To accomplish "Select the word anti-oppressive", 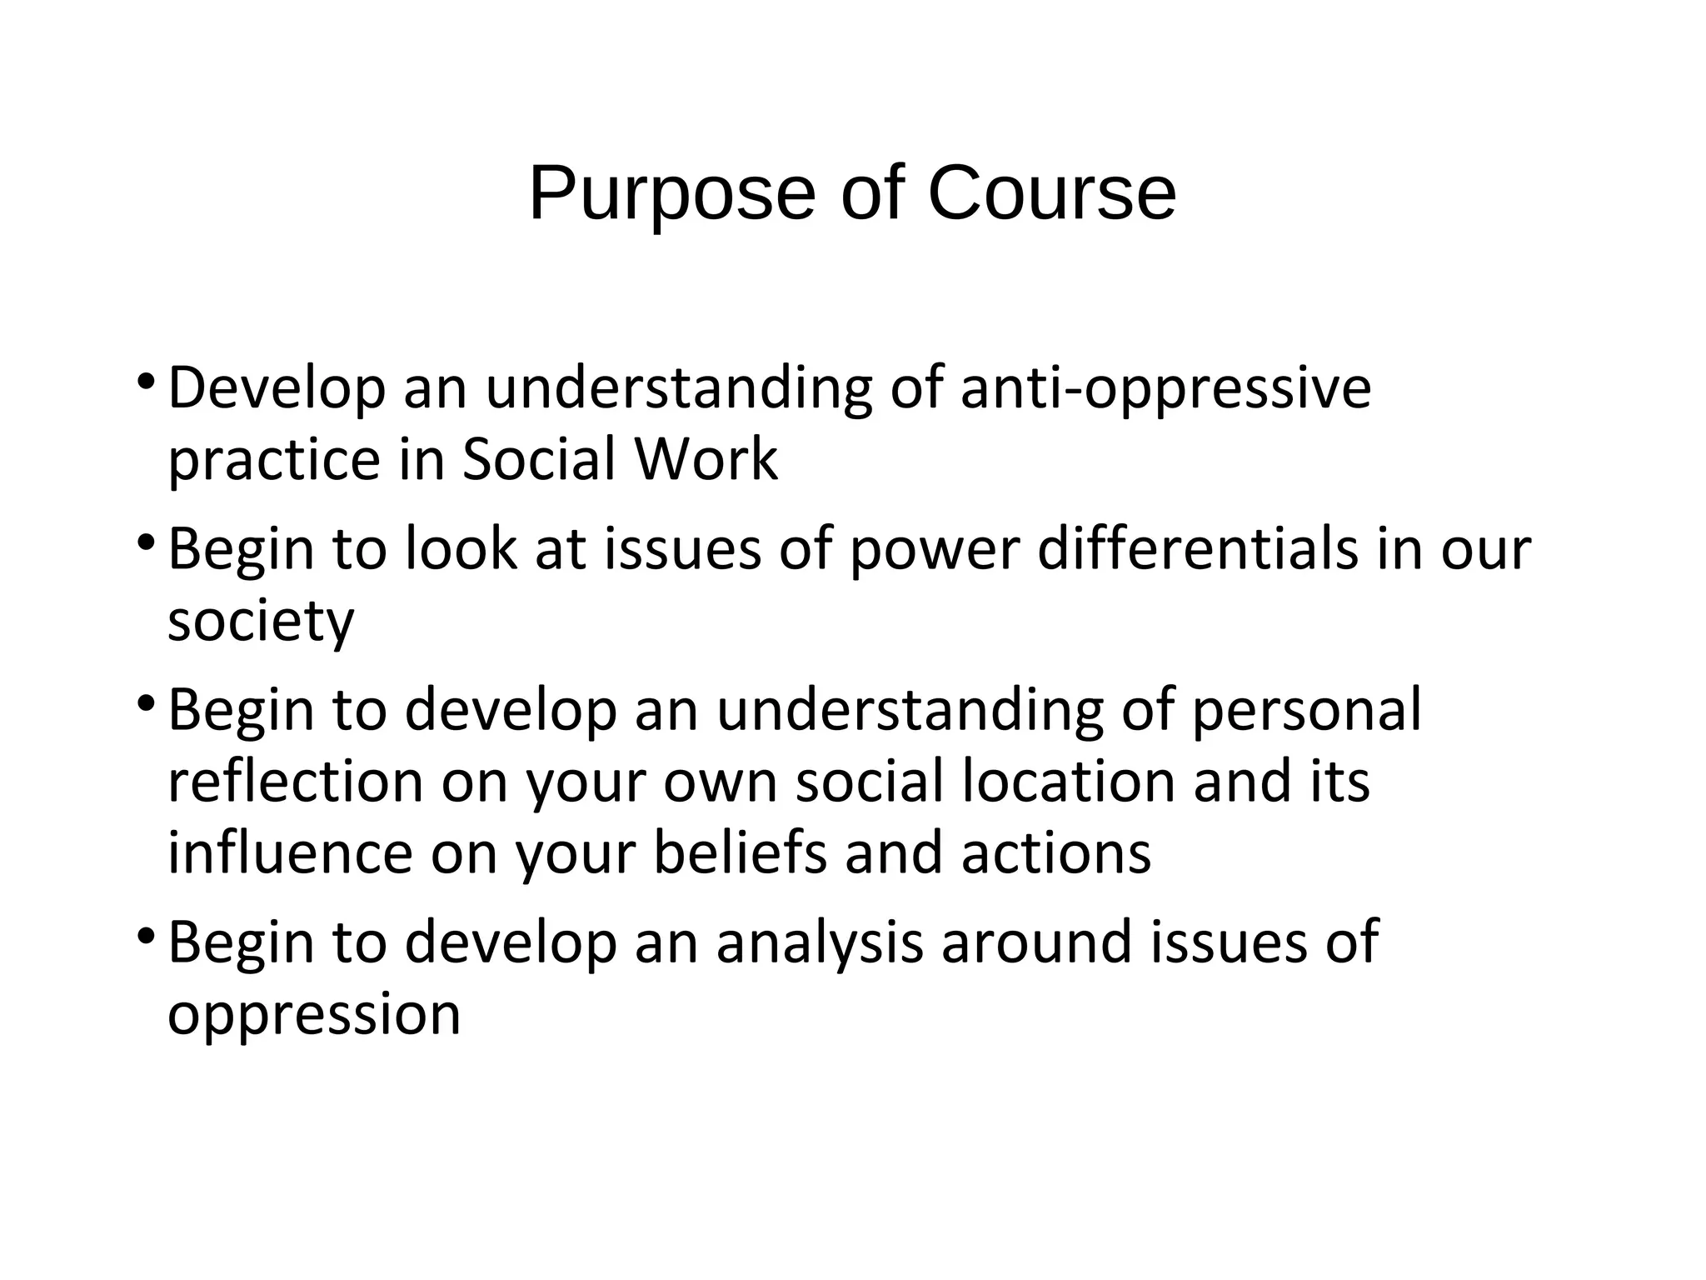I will (1165, 389).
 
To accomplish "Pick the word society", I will (261, 622).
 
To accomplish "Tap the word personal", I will (1306, 711).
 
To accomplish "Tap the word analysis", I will (820, 942).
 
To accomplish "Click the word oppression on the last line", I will (314, 1014).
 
